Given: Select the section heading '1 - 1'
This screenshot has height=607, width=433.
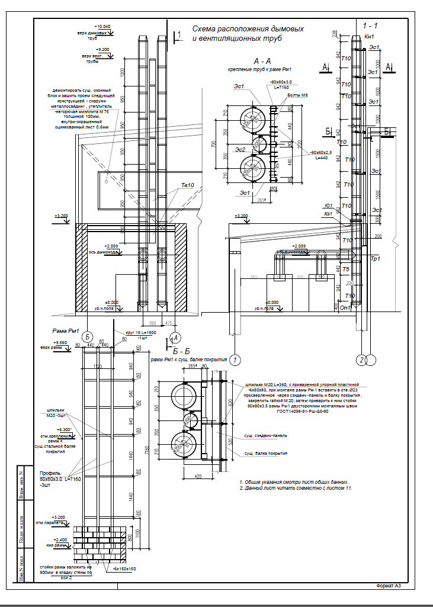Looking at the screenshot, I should coord(370,26).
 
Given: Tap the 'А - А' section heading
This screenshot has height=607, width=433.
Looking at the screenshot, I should coord(262,61).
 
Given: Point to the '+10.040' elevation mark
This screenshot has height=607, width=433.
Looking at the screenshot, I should coord(102,27).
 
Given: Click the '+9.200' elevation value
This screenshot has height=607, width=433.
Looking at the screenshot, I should coord(102,49).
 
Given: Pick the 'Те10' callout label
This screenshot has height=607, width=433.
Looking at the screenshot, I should coord(188,185).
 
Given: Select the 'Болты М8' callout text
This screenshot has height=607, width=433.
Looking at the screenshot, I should coord(297,95).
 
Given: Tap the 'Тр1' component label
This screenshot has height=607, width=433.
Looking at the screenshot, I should coord(374,259).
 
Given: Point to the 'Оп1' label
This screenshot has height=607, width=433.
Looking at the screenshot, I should coord(345,307).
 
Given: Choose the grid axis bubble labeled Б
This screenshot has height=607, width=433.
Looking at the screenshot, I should coord(88,335).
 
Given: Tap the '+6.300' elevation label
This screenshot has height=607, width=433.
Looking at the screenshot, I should coord(63,429).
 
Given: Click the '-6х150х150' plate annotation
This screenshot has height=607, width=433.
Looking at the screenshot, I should coord(123,569).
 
